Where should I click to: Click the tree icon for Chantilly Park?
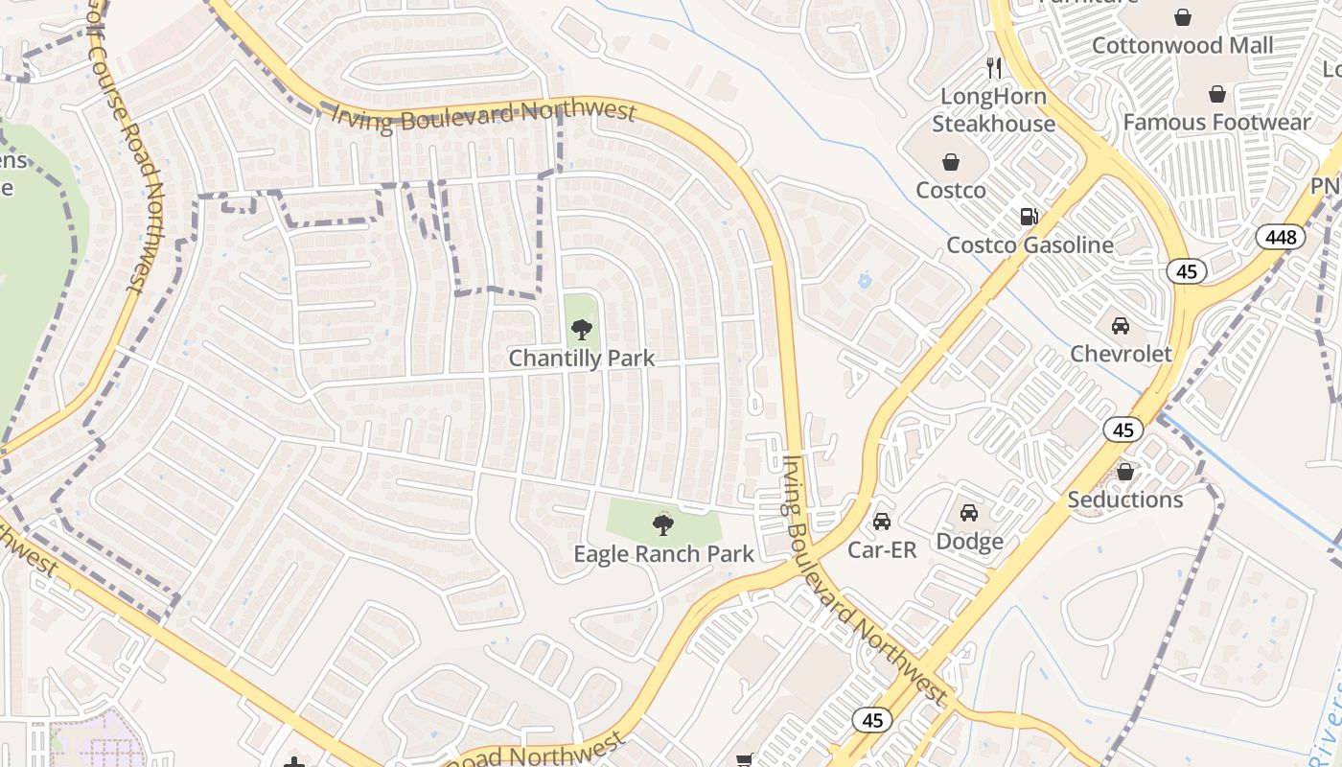tap(581, 330)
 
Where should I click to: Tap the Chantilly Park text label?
tap(581, 359)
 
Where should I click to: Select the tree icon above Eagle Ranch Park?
tap(662, 524)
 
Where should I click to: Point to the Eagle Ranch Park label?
tap(663, 554)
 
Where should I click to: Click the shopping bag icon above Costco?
tap(951, 162)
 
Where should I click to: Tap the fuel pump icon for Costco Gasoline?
tap(1030, 217)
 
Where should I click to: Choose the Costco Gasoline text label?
tap(1030, 244)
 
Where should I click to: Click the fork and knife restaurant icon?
tap(994, 68)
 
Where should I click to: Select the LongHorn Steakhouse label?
tap(993, 110)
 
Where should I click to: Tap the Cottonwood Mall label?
tap(1183, 45)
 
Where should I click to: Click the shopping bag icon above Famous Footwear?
tap(1216, 94)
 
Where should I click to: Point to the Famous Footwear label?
tap(1216, 122)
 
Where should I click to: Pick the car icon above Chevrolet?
tap(1120, 325)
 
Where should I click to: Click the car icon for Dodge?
tap(969, 513)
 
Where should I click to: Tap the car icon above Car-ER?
tap(882, 522)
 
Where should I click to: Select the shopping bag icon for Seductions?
tap(1125, 472)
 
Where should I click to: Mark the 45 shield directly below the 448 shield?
tap(1187, 271)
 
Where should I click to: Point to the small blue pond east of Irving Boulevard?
tap(865, 282)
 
